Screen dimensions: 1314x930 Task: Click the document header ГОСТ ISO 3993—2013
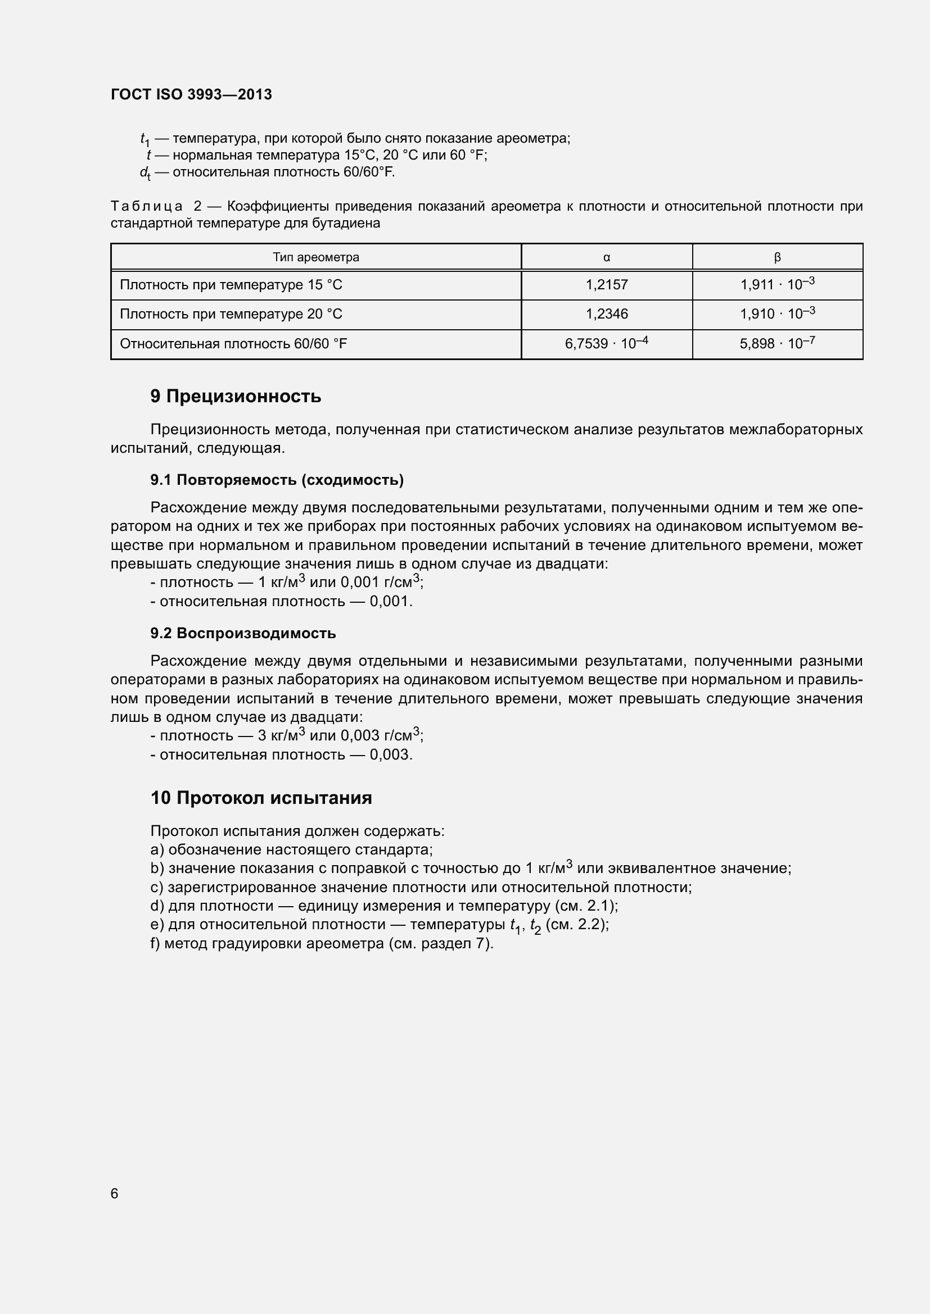point(191,94)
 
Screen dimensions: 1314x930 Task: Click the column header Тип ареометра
point(315,257)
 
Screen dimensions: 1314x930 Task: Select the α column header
point(607,257)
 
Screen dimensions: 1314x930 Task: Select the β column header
point(777,257)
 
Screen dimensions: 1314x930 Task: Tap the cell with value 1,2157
point(607,284)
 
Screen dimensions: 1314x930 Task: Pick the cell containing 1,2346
point(607,313)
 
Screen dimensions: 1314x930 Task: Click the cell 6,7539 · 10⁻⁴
point(607,343)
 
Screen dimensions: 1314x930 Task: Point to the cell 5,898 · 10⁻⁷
point(777,343)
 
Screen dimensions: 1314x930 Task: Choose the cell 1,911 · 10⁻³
point(777,284)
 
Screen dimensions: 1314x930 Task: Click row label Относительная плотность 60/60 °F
point(233,343)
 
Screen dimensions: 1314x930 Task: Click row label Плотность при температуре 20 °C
point(231,313)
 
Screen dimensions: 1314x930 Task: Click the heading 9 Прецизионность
point(236,396)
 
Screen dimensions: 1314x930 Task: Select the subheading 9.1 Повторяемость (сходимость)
point(277,480)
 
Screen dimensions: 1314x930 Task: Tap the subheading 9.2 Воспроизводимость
point(243,633)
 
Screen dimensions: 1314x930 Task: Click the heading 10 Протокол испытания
point(260,797)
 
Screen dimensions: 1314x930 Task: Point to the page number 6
point(115,1193)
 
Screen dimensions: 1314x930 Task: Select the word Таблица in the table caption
point(147,206)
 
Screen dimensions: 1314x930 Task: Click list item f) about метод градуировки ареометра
point(322,943)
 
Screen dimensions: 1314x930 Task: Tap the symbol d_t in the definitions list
point(145,172)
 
